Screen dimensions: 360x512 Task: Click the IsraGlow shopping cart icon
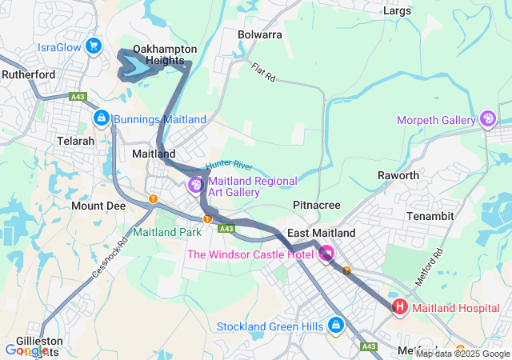pyautogui.click(x=94, y=46)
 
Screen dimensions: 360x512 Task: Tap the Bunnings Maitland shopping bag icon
pyautogui.click(x=102, y=119)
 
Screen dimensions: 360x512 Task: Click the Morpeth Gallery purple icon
pyautogui.click(x=488, y=120)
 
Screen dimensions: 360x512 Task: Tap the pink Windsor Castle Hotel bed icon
pyautogui.click(x=326, y=254)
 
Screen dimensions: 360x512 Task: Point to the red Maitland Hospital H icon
pyautogui.click(x=399, y=307)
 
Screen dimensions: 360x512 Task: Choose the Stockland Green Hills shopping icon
pyautogui.click(x=336, y=326)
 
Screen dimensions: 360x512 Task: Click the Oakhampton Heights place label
pyautogui.click(x=165, y=55)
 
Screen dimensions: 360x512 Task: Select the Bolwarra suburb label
pyautogui.click(x=261, y=34)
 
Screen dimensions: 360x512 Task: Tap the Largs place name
pyautogui.click(x=397, y=11)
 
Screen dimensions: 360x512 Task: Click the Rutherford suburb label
pyautogui.click(x=27, y=74)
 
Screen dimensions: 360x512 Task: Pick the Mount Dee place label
pyautogui.click(x=98, y=206)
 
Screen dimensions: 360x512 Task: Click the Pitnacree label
pyautogui.click(x=317, y=206)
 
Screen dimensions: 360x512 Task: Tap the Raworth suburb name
pyautogui.click(x=398, y=175)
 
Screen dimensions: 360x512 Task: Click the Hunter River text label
pyautogui.click(x=229, y=166)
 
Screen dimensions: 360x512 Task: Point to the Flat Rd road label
pyautogui.click(x=262, y=73)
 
